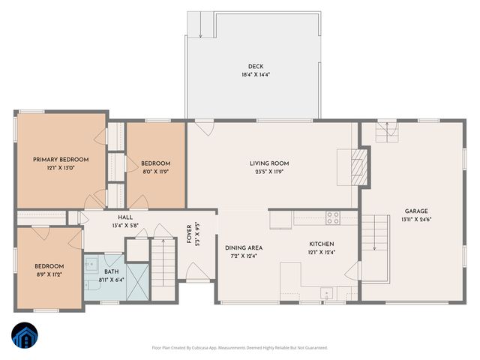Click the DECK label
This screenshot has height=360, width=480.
click(255, 66)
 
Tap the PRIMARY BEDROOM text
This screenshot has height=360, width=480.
click(61, 160)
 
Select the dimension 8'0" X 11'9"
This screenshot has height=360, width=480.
click(156, 172)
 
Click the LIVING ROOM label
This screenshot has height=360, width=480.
click(269, 163)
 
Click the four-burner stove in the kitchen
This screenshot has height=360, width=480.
click(332, 217)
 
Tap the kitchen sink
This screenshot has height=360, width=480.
click(324, 292)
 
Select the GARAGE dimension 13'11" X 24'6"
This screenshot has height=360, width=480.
click(417, 219)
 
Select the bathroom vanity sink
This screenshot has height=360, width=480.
click(91, 265)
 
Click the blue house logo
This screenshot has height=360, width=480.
click(25, 336)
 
